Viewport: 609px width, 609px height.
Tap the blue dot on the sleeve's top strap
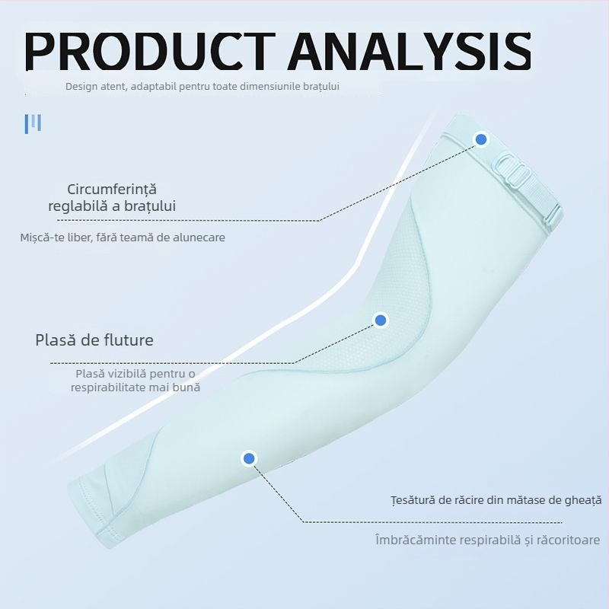(x=480, y=139)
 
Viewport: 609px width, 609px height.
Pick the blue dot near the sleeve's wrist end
(x=248, y=458)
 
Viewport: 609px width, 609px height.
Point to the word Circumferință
(x=112, y=190)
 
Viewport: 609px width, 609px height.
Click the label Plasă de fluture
(x=94, y=340)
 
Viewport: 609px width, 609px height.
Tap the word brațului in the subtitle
(x=320, y=87)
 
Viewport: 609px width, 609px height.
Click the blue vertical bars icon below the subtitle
(x=33, y=124)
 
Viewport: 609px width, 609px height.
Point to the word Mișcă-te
(x=43, y=238)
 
